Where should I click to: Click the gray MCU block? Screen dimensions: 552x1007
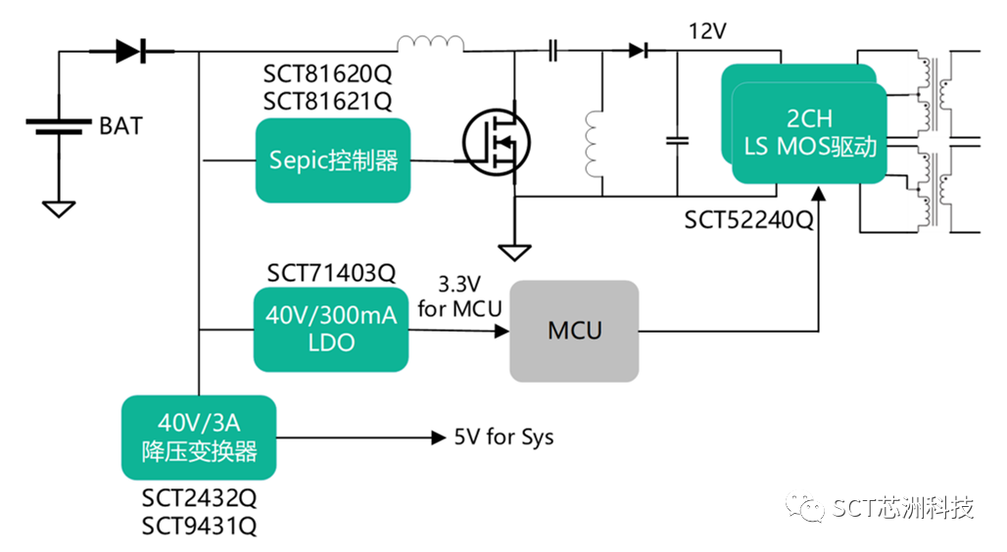(x=574, y=331)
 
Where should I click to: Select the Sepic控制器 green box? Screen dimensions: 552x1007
(x=333, y=161)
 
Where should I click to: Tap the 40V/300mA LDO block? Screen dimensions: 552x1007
(x=330, y=330)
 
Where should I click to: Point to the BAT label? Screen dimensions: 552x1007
(x=120, y=125)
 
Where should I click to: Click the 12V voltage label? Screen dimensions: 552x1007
(x=707, y=31)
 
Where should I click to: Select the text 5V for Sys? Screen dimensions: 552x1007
(x=503, y=437)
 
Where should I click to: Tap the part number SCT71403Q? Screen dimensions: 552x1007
(x=330, y=272)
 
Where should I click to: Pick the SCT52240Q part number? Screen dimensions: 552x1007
(x=748, y=220)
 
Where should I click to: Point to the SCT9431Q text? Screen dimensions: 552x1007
(x=199, y=527)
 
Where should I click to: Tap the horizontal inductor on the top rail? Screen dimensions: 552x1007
(x=430, y=44)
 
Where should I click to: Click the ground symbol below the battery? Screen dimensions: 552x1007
(x=59, y=207)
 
